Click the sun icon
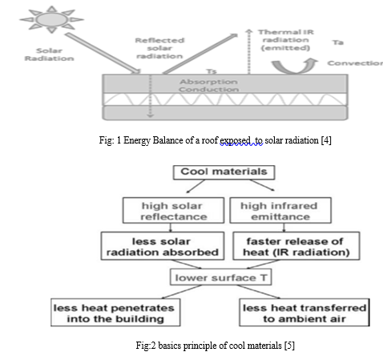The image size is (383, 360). pos(52,19)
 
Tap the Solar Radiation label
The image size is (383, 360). pos(49,55)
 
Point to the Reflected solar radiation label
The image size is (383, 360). pos(159,48)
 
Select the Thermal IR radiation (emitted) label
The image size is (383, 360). pos(286,40)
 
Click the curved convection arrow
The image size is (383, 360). pos(295,67)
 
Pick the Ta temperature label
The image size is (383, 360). pos(338,42)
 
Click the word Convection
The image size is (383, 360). pos(355,63)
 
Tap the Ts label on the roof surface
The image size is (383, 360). pos(212,71)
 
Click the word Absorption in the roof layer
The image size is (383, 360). pos(208,82)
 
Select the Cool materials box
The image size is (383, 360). pos(224,172)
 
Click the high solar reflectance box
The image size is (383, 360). pos(173,210)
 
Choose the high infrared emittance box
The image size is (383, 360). pos(280,210)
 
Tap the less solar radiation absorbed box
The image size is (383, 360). pos(163,246)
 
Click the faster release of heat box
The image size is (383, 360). pos(296,246)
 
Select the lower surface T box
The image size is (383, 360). pos(221,277)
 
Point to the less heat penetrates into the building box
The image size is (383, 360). pos(115,313)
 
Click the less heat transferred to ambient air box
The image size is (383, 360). pos(304,313)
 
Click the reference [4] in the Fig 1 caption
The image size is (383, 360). pos(326,140)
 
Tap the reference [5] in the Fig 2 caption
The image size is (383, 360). pos(289,346)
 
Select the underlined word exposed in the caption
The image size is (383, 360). pos(235,140)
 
